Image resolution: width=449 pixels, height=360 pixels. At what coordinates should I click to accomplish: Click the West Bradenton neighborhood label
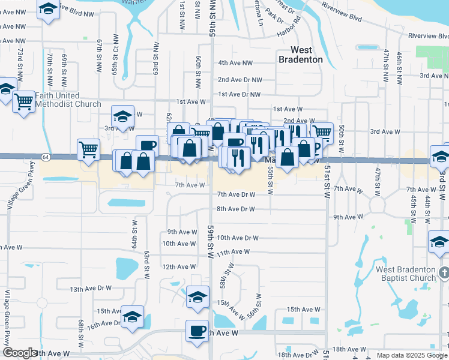(300, 55)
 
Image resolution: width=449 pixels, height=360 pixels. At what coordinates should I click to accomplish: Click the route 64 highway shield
(46, 157)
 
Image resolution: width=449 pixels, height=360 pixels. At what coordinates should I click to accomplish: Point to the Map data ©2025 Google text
(411, 355)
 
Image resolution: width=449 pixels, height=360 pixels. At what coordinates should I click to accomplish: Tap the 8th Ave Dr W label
(236, 209)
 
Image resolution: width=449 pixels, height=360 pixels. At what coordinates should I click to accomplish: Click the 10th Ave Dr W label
(237, 238)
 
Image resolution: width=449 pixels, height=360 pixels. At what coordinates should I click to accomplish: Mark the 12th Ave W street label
(179, 266)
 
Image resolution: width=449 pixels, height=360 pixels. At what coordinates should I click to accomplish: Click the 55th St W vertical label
(271, 181)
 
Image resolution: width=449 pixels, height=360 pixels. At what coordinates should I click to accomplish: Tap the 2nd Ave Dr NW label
(239, 79)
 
